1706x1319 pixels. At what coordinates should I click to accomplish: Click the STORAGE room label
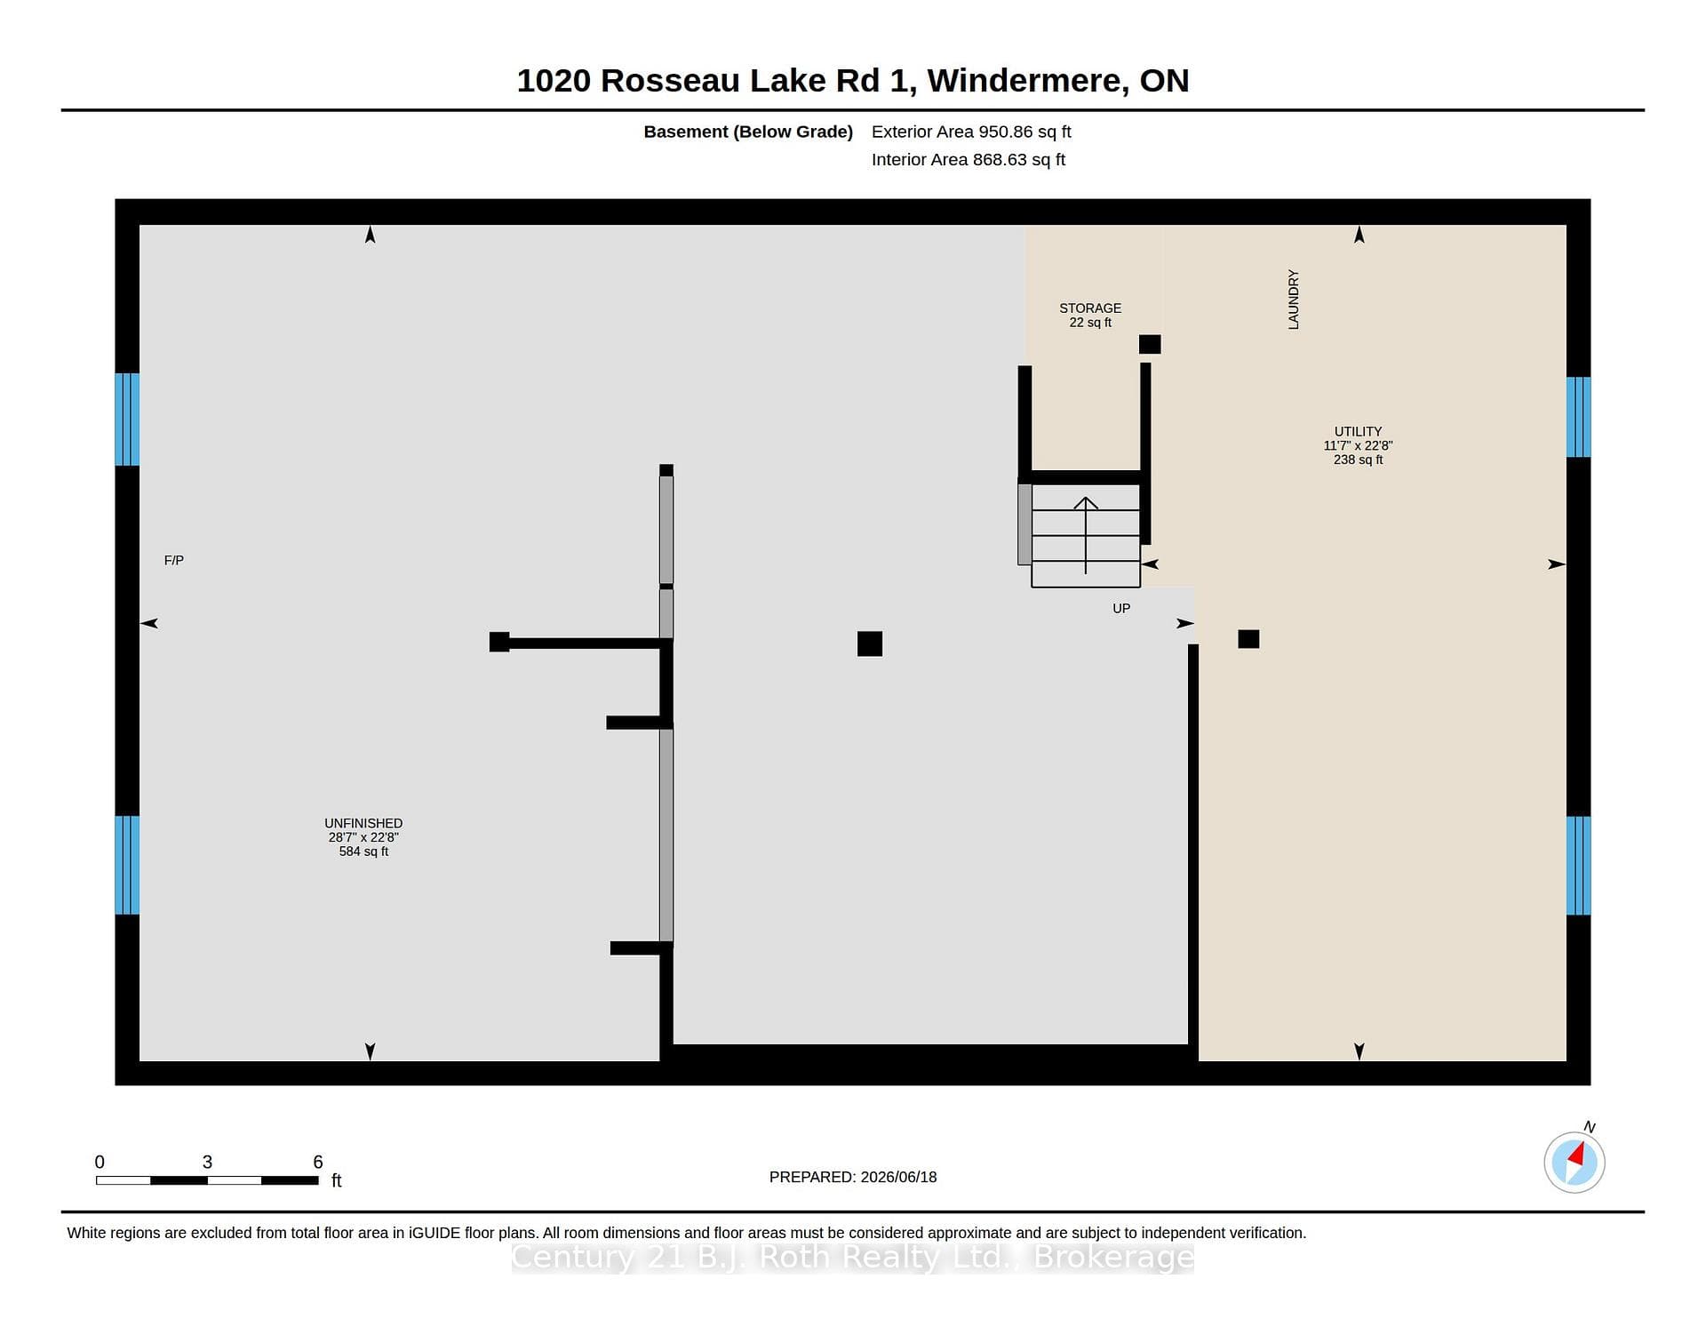[x=1090, y=308]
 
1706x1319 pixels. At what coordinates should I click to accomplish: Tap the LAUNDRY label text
[x=1294, y=300]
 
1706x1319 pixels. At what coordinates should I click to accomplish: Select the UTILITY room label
[x=1358, y=431]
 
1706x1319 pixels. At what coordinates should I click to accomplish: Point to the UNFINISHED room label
[x=363, y=823]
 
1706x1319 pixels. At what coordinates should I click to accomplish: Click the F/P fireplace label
[x=174, y=560]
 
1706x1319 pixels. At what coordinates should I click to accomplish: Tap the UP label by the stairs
[x=1121, y=608]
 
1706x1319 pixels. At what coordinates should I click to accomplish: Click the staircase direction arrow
[x=1086, y=535]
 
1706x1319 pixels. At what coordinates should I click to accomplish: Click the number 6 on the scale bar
[x=318, y=1162]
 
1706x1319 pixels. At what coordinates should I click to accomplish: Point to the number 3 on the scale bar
[x=207, y=1162]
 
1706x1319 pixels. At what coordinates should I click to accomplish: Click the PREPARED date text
[x=853, y=1177]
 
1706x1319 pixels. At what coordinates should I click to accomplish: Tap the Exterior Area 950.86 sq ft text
[x=971, y=132]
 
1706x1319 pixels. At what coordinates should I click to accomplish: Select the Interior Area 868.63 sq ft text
[x=968, y=160]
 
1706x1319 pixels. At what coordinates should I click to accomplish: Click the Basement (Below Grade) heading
[x=748, y=132]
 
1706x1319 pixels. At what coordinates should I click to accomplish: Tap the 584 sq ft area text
[x=363, y=851]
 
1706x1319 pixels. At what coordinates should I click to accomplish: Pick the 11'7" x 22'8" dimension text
[x=1358, y=445]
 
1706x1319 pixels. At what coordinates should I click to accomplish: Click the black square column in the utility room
[x=1248, y=638]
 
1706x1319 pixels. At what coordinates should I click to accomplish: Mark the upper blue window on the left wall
[x=127, y=419]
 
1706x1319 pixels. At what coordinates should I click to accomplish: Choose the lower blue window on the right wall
[x=1578, y=866]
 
